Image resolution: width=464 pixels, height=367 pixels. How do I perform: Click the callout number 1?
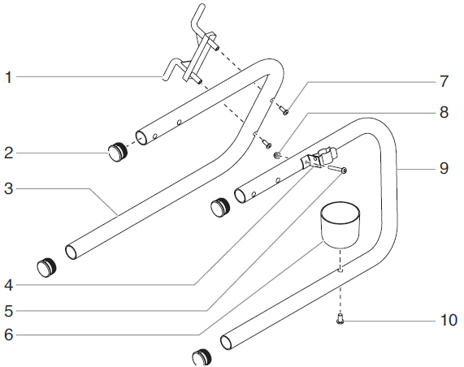pos(8,78)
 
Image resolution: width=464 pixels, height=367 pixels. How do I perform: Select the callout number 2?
pos(8,152)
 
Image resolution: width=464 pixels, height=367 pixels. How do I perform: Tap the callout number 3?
pos(8,188)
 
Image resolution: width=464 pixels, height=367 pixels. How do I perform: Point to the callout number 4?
pos(8,285)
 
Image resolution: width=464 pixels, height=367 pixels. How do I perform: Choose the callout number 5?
pos(8,310)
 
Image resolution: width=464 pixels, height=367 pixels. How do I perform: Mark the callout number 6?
pos(8,334)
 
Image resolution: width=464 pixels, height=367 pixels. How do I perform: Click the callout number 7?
pos(444,81)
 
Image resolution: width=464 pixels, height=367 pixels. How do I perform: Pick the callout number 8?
pos(444,113)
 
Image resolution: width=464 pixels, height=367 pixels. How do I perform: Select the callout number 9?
pos(444,168)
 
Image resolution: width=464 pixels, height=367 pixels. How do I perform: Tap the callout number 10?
pos(448,321)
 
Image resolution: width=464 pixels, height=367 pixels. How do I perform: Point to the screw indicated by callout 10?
pos(340,321)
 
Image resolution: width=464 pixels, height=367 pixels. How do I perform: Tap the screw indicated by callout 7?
pos(285,110)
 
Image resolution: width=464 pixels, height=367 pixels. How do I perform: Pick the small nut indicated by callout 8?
pos(278,154)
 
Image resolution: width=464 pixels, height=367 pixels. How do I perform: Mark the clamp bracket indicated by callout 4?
pos(320,157)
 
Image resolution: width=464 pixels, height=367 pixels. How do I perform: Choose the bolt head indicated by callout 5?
pos(345,171)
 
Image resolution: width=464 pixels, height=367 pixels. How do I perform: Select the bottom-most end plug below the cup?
pos(202,356)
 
